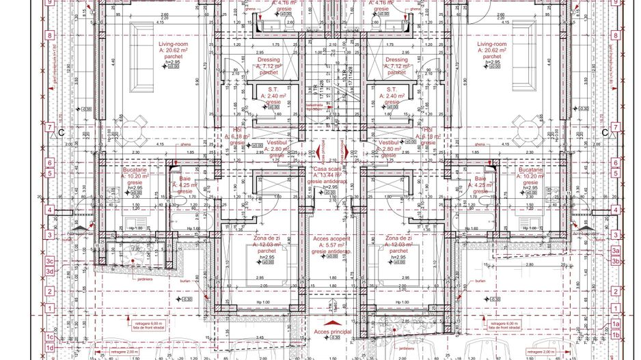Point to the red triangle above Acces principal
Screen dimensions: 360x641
(x=331, y=321)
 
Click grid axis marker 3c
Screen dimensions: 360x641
(x=49, y=261)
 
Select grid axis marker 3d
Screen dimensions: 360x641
(x=49, y=271)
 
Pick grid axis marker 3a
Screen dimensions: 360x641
(x=616, y=251)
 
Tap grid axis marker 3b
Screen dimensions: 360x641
(x=616, y=261)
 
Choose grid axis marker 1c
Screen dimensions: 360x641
(x=49, y=337)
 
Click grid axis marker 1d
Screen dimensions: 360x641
(x=49, y=348)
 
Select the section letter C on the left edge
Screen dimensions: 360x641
(x=62, y=133)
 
